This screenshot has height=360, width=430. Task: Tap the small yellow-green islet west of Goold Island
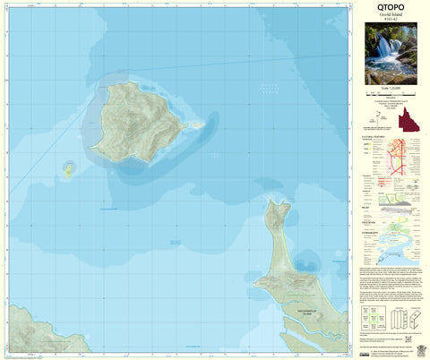click(66, 168)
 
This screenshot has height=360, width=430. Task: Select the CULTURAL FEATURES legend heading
click(373, 137)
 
